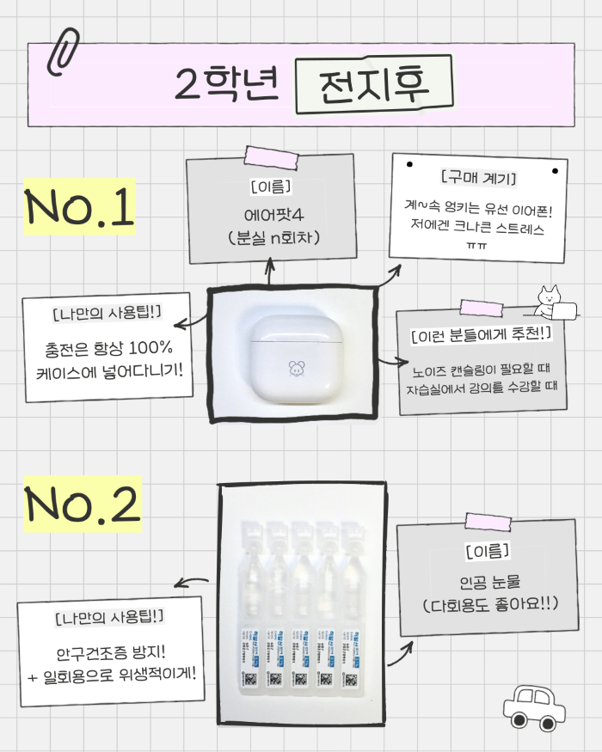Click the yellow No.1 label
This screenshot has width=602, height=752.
80,208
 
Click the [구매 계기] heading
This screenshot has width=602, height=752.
477,180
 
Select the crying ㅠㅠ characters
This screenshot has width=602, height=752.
477,248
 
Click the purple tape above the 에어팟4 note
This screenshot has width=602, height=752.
270,156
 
